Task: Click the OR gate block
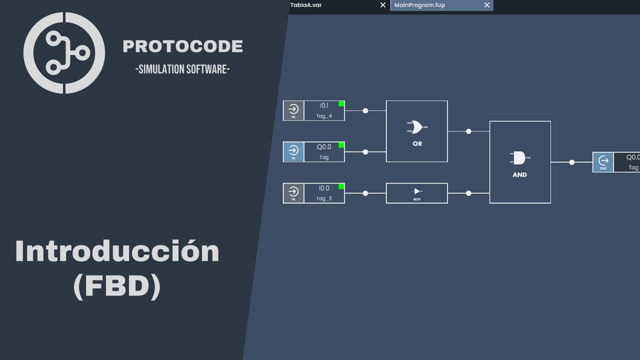pyautogui.click(x=416, y=131)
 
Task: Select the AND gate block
pyautogui.click(x=520, y=162)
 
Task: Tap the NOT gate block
pyautogui.click(x=416, y=193)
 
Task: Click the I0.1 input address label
pyautogui.click(x=324, y=105)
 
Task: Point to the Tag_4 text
pyautogui.click(x=324, y=116)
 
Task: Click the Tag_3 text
pyautogui.click(x=324, y=198)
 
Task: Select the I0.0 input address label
pyautogui.click(x=324, y=188)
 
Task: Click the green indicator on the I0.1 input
pyautogui.click(x=341, y=103)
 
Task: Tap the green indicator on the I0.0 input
pyautogui.click(x=341, y=186)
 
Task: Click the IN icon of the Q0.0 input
pyautogui.click(x=293, y=151)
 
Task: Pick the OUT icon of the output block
pyautogui.click(x=603, y=162)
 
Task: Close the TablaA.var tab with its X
pyautogui.click(x=383, y=5)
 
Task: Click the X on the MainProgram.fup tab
pyautogui.click(x=487, y=5)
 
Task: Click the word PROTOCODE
pyautogui.click(x=182, y=46)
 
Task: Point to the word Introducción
pyautogui.click(x=117, y=251)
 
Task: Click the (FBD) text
pyautogui.click(x=117, y=287)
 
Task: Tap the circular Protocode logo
pyautogui.click(x=64, y=52)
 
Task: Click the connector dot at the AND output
pyautogui.click(x=572, y=162)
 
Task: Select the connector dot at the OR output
pyautogui.click(x=468, y=131)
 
